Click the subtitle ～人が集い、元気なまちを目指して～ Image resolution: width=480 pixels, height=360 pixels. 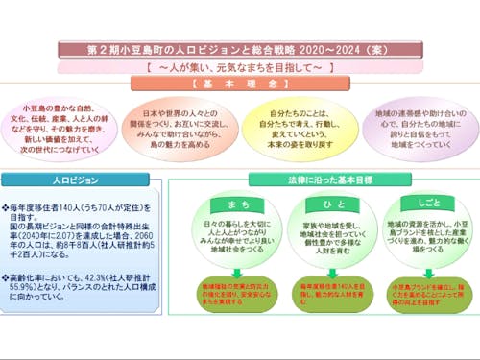[240, 68]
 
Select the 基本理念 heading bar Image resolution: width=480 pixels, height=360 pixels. [241, 84]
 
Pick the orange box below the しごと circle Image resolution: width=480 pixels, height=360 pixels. [416, 291]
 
